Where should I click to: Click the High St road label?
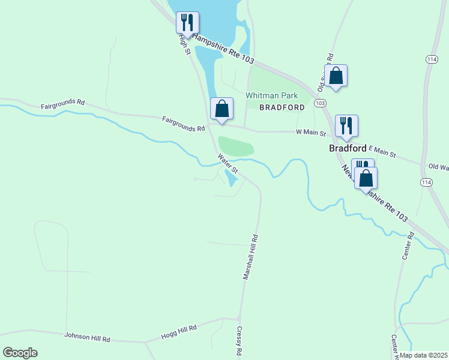(x=184, y=43)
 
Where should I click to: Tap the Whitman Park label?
(x=272, y=95)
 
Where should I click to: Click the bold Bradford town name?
(x=348, y=148)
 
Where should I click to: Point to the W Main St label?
(x=310, y=133)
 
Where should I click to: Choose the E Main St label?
(x=382, y=152)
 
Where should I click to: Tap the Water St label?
(x=228, y=164)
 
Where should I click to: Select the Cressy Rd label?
(x=238, y=341)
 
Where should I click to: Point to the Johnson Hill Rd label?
(x=88, y=337)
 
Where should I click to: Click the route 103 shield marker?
(x=319, y=103)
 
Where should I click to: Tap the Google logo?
(x=20, y=353)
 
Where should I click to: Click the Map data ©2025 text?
(x=423, y=355)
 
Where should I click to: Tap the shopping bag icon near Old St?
(x=336, y=76)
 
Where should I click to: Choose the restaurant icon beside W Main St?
(x=346, y=125)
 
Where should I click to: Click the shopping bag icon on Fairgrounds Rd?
(x=222, y=109)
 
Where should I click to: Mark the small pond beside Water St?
(x=230, y=177)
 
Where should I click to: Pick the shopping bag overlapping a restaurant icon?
(x=366, y=178)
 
